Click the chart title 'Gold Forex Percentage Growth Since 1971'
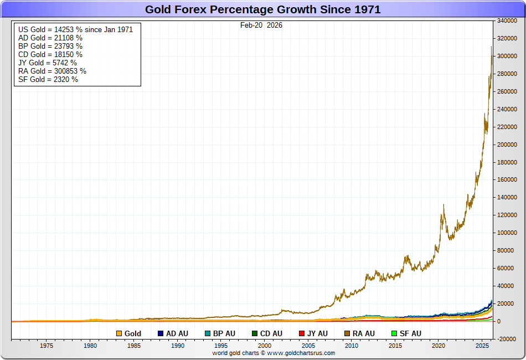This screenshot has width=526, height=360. [x=262, y=9]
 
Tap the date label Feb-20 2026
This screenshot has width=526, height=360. [x=261, y=25]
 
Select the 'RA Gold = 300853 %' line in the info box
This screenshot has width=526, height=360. [x=52, y=71]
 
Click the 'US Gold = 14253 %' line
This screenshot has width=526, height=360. [x=75, y=29]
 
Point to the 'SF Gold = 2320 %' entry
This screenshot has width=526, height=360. [x=48, y=79]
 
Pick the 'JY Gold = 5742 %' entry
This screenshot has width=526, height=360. [x=48, y=63]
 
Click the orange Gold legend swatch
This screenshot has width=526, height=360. [x=119, y=333]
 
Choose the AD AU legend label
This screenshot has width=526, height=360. [x=178, y=333]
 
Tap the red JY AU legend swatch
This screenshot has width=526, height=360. [x=302, y=333]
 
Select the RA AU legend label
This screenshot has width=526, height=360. [x=363, y=333]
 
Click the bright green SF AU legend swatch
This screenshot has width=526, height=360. [x=394, y=333]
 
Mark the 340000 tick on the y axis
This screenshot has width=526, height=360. [x=507, y=21]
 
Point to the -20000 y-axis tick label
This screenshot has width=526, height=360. [x=507, y=339]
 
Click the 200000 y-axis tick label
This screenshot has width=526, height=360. [x=507, y=145]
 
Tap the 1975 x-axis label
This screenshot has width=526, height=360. [x=47, y=346]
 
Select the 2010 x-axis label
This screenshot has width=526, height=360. [x=352, y=346]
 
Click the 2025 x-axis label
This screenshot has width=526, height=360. [x=482, y=346]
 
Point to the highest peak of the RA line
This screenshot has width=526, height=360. [x=492, y=47]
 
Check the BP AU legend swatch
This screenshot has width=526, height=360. [x=208, y=333]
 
